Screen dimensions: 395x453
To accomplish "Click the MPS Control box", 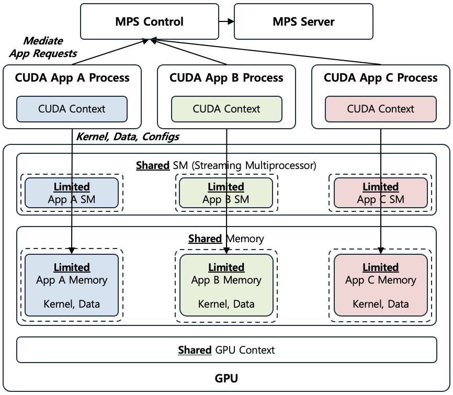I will (x=149, y=21).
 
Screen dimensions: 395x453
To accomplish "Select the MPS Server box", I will (x=303, y=21).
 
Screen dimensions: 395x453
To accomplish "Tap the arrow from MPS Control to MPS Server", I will (x=226, y=21).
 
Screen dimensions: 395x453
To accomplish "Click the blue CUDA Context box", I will (x=72, y=109).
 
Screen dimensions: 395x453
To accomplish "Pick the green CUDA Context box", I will (x=226, y=109).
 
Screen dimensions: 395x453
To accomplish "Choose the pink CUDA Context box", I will (x=381, y=109).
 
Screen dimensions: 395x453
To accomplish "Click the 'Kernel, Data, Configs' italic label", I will (x=128, y=137).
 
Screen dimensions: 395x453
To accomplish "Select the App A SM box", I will (x=72, y=193).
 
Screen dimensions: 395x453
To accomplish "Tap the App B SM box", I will (x=226, y=193).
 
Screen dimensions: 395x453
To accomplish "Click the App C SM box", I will (x=381, y=193).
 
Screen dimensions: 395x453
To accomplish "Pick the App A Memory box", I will (x=72, y=285).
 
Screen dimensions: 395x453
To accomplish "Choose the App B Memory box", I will (x=226, y=285).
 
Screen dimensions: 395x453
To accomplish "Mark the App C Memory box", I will (x=381, y=285).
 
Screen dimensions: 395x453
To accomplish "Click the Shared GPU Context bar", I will (x=226, y=350).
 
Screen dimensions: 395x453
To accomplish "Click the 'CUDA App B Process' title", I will (x=226, y=78).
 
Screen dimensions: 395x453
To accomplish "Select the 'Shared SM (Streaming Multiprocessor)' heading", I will (x=226, y=165).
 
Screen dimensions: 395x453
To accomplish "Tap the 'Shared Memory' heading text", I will (x=226, y=239).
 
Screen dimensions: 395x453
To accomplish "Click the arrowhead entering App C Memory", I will (x=381, y=250).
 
